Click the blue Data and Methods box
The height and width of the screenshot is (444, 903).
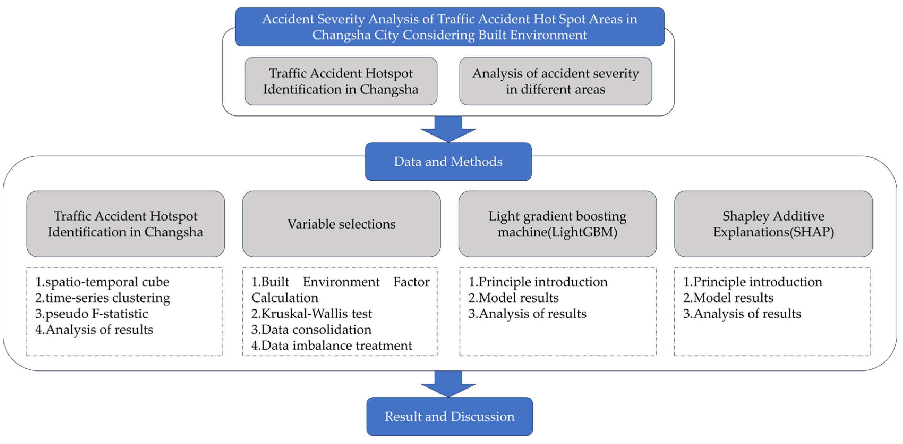pyautogui.click(x=448, y=162)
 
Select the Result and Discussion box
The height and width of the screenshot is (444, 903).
pyautogui.click(x=450, y=416)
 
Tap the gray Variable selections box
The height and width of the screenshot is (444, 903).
pyautogui.click(x=341, y=224)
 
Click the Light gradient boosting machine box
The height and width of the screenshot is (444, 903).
pyautogui.click(x=557, y=224)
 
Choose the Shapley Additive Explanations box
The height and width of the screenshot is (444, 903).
pyautogui.click(x=773, y=224)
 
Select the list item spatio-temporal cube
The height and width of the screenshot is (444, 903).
pyautogui.click(x=102, y=282)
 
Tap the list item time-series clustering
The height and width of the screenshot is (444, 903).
pyautogui.click(x=103, y=298)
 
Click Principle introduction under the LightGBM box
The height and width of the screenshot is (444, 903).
pyautogui.click(x=538, y=282)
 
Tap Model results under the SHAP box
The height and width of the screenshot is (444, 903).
pyautogui.click(x=728, y=298)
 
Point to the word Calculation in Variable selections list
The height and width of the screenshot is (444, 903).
pyautogui.click(x=285, y=298)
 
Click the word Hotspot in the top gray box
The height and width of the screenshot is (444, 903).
pyautogui.click(x=389, y=74)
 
